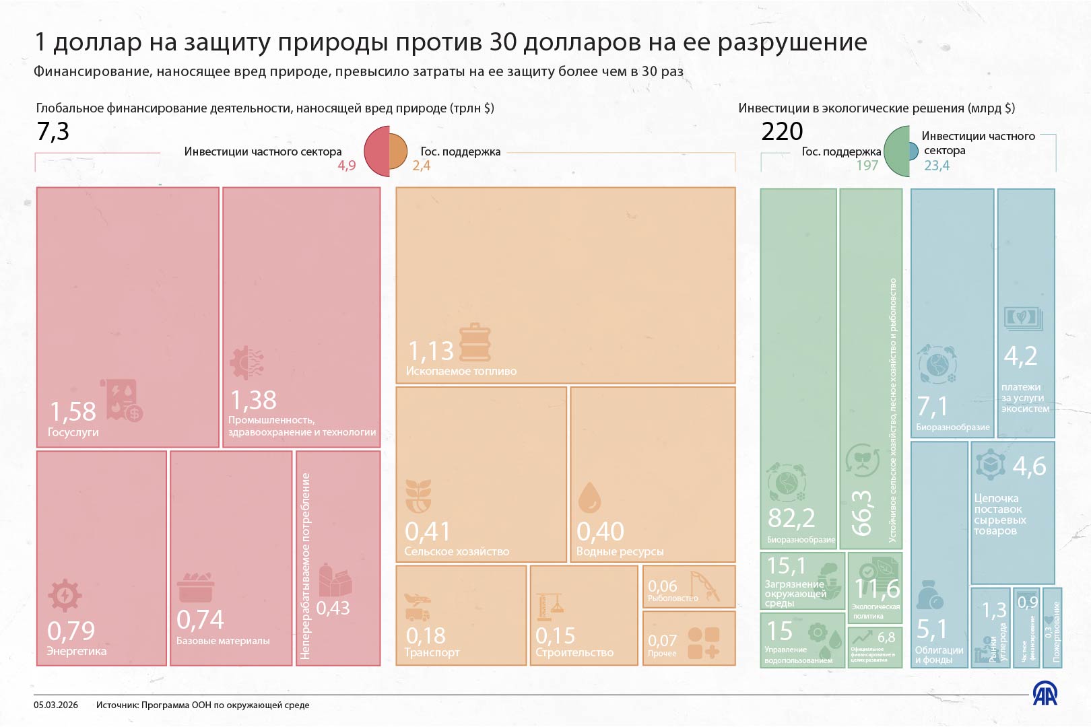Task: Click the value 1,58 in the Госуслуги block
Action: click(x=73, y=411)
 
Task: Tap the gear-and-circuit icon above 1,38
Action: click(x=246, y=363)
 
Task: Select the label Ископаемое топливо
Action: click(x=461, y=371)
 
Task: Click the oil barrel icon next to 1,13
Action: click(x=475, y=343)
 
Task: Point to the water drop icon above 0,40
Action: click(x=589, y=497)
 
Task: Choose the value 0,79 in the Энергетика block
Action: click(x=71, y=631)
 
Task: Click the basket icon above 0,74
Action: click(x=196, y=588)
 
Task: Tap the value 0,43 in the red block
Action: click(x=333, y=609)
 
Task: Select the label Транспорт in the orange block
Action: click(x=432, y=652)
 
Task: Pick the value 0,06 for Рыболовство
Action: click(x=662, y=586)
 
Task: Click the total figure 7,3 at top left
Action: click(x=53, y=131)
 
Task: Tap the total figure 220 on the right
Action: click(x=782, y=131)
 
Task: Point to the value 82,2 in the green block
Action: click(x=791, y=518)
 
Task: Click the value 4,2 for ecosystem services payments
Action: click(x=1020, y=356)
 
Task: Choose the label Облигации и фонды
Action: click(x=939, y=655)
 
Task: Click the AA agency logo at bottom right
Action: click(x=1045, y=693)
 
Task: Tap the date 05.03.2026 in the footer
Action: click(x=56, y=705)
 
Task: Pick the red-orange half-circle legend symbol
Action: click(x=386, y=151)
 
